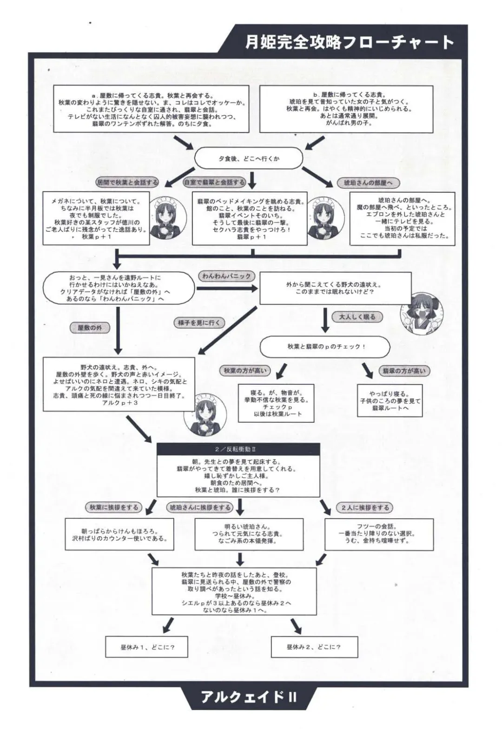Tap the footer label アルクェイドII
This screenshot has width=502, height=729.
coord(249,697)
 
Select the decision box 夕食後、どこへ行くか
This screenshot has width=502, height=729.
coord(249,158)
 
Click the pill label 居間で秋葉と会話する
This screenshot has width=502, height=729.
coord(126,182)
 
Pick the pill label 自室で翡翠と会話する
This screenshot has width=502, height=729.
coord(214,182)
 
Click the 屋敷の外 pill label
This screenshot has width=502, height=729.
coord(90,328)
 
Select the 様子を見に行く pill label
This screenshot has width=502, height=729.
coord(199,322)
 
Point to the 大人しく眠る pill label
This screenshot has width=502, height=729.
coord(357,317)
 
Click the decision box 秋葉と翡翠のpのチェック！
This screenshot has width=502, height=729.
coord(325,347)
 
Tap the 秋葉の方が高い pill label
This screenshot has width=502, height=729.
coord(245,370)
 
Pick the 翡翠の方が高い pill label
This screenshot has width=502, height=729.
coord(403,371)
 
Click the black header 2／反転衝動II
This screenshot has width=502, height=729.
coord(238,449)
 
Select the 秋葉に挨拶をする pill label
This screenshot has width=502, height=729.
coord(114,507)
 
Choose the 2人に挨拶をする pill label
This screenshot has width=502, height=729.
coord(365,507)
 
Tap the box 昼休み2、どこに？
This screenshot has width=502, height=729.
coord(314,646)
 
